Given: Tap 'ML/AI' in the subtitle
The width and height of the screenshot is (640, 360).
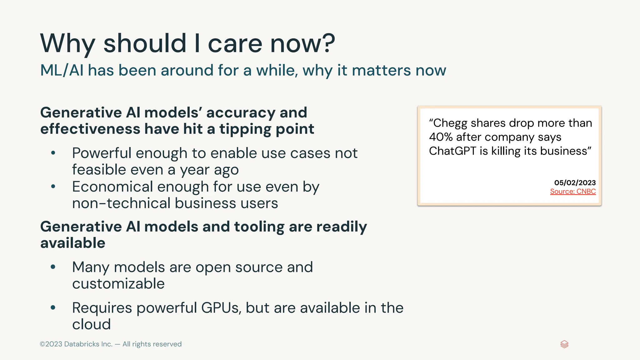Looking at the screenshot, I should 62,70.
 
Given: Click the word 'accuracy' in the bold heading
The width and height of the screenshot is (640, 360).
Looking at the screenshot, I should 241,113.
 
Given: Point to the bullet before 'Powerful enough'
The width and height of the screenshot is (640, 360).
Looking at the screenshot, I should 53,153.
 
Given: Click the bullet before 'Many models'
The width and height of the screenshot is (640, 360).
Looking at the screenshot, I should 53,267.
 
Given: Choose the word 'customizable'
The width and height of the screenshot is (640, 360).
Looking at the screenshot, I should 118,284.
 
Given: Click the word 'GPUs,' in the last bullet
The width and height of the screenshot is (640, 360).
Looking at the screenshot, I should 221,308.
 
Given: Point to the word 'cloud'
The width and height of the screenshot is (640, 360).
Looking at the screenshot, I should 91,324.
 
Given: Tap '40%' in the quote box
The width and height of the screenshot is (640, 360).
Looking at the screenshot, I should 441,137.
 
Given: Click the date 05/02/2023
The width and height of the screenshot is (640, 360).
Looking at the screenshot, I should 575,183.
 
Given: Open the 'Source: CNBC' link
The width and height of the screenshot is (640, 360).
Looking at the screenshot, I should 573,192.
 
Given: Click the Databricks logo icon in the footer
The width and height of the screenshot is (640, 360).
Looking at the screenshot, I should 564,344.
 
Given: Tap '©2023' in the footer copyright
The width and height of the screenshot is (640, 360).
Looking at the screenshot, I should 51,344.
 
